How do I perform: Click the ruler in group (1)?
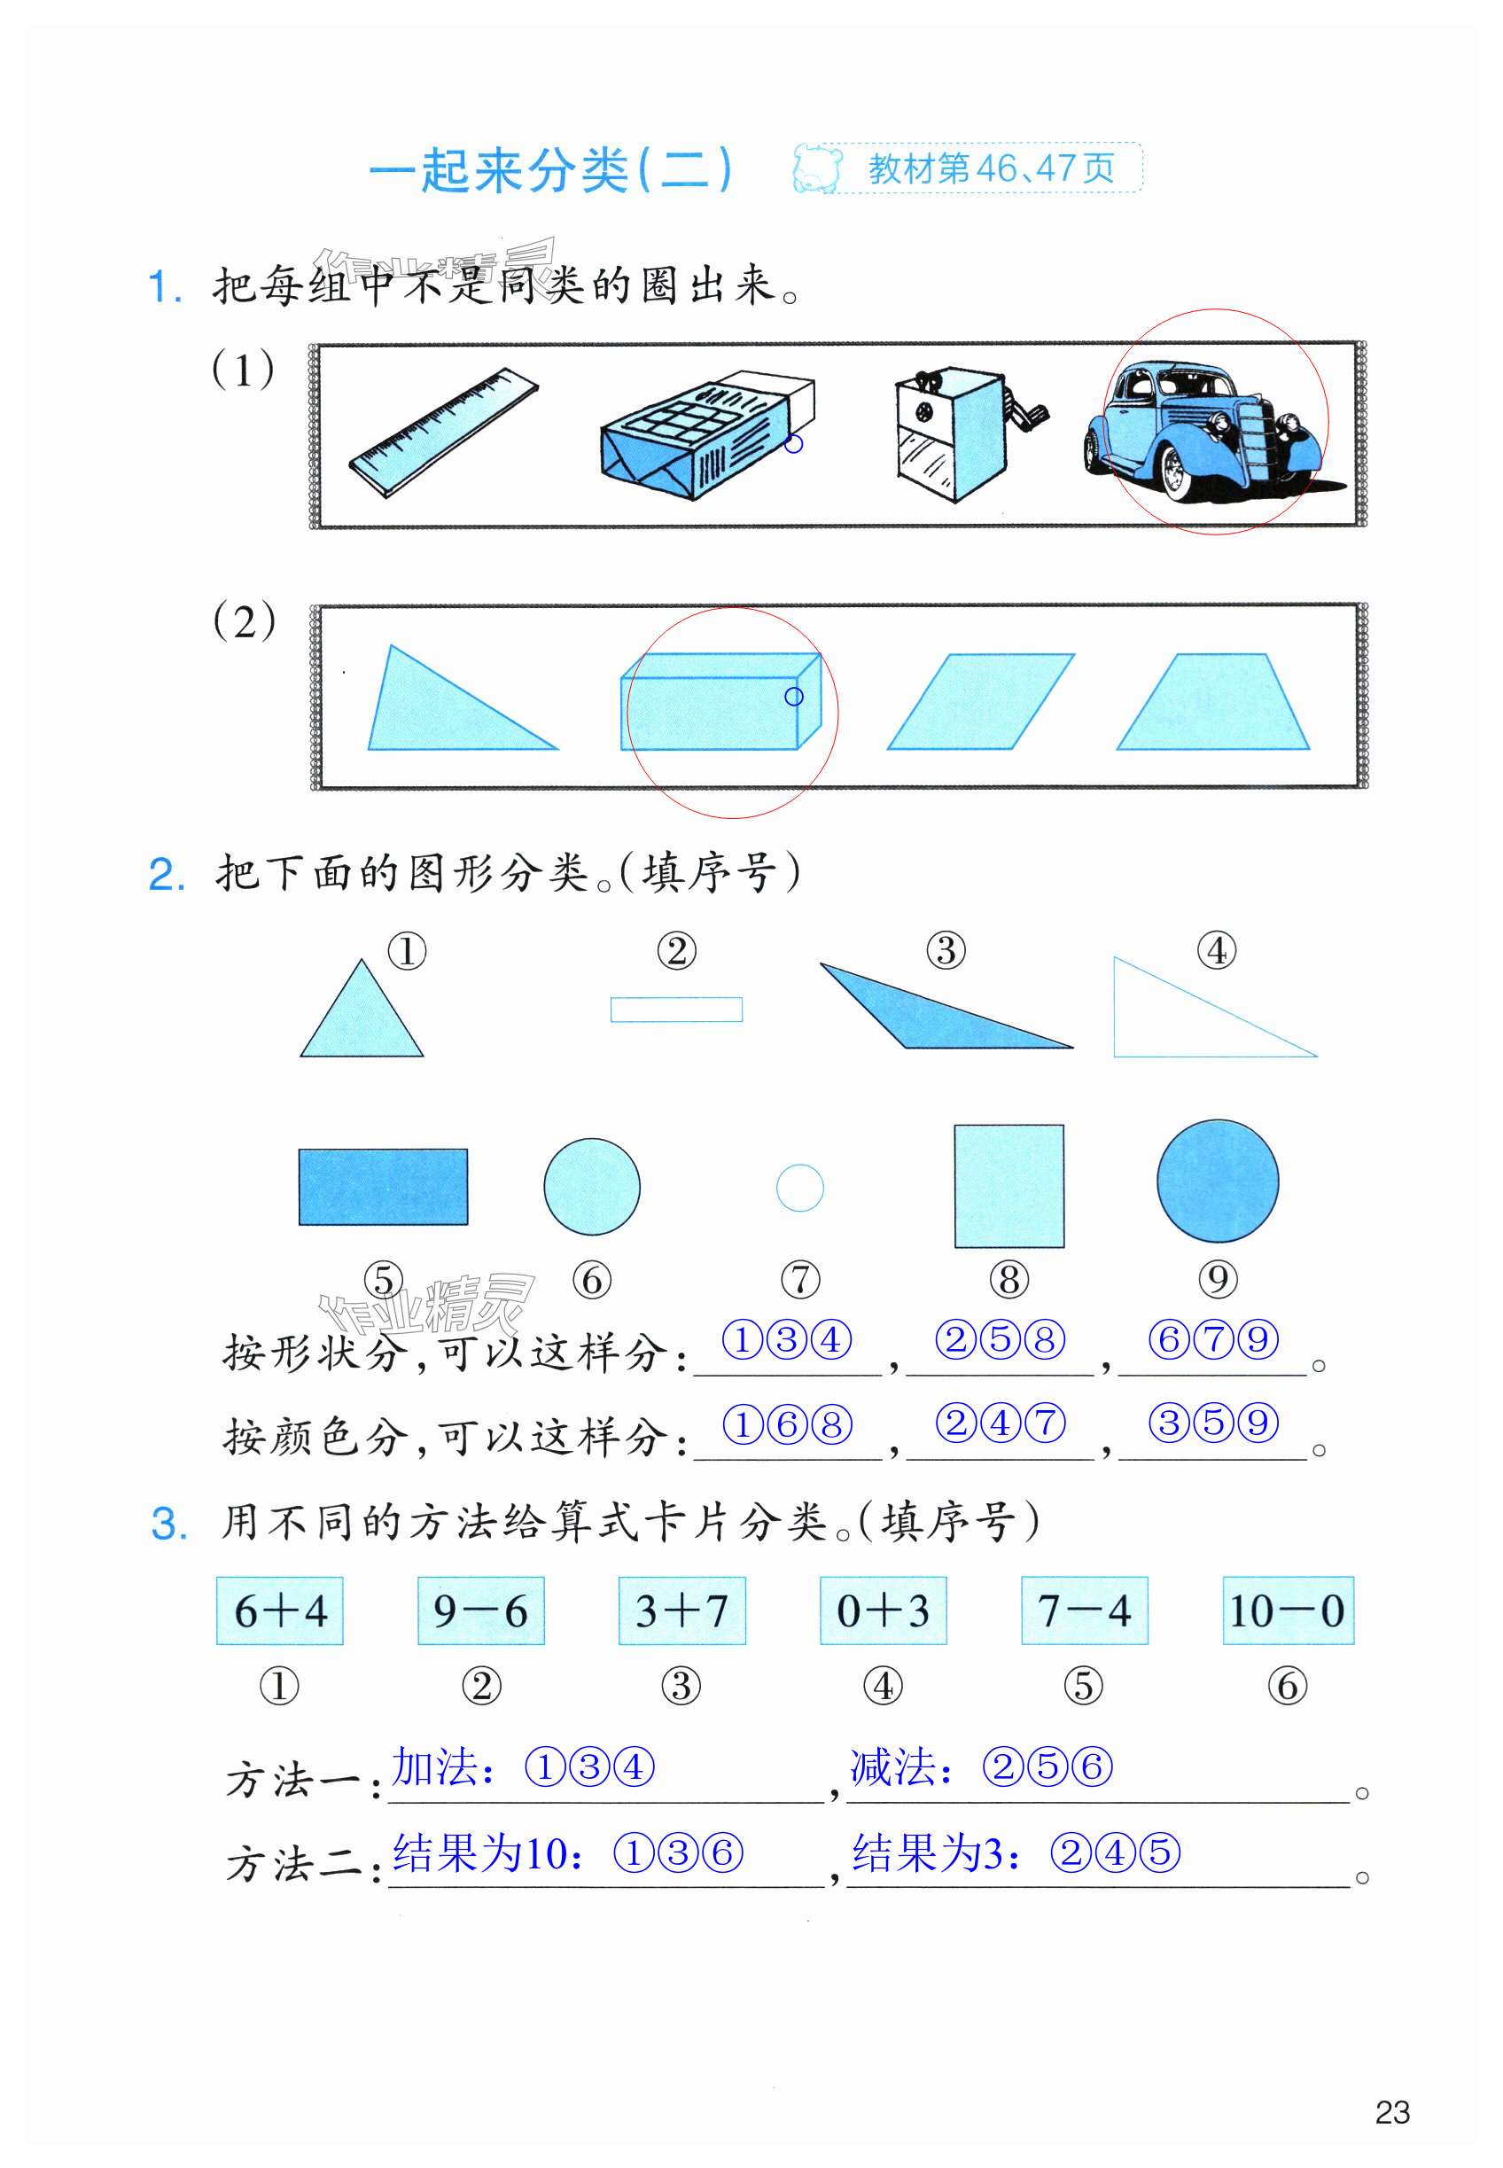(x=442, y=433)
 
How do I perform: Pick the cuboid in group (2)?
(x=720, y=701)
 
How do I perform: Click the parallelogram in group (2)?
(x=979, y=702)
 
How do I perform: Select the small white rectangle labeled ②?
(x=676, y=1009)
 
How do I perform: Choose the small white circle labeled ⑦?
(x=799, y=1188)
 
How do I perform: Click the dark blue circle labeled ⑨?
(x=1217, y=1180)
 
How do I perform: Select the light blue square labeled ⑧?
(x=1008, y=1185)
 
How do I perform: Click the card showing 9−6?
(x=480, y=1610)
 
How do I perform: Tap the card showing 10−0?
(x=1288, y=1610)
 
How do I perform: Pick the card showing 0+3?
(x=883, y=1610)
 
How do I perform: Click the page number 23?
(x=1392, y=2111)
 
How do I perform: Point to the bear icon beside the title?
(x=815, y=168)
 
